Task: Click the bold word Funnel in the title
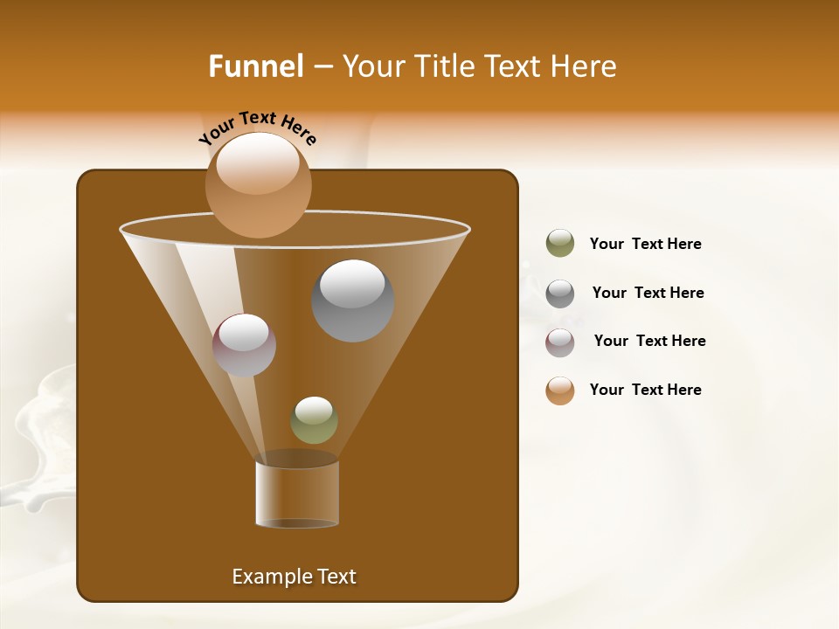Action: [x=256, y=66]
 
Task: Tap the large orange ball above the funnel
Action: [x=258, y=184]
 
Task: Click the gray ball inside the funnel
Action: [x=352, y=301]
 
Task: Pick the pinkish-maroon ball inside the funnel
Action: [x=244, y=344]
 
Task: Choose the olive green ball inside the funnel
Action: [x=314, y=420]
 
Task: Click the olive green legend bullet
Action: [x=560, y=244]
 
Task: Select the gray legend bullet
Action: [x=560, y=293]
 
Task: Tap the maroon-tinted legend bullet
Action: [x=560, y=342]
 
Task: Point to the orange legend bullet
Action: [x=560, y=391]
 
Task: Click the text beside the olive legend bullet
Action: [x=645, y=244]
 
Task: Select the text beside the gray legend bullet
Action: [x=648, y=293]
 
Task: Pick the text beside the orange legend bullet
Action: [x=645, y=390]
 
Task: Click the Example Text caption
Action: [x=294, y=577]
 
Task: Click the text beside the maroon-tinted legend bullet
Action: [x=649, y=341]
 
